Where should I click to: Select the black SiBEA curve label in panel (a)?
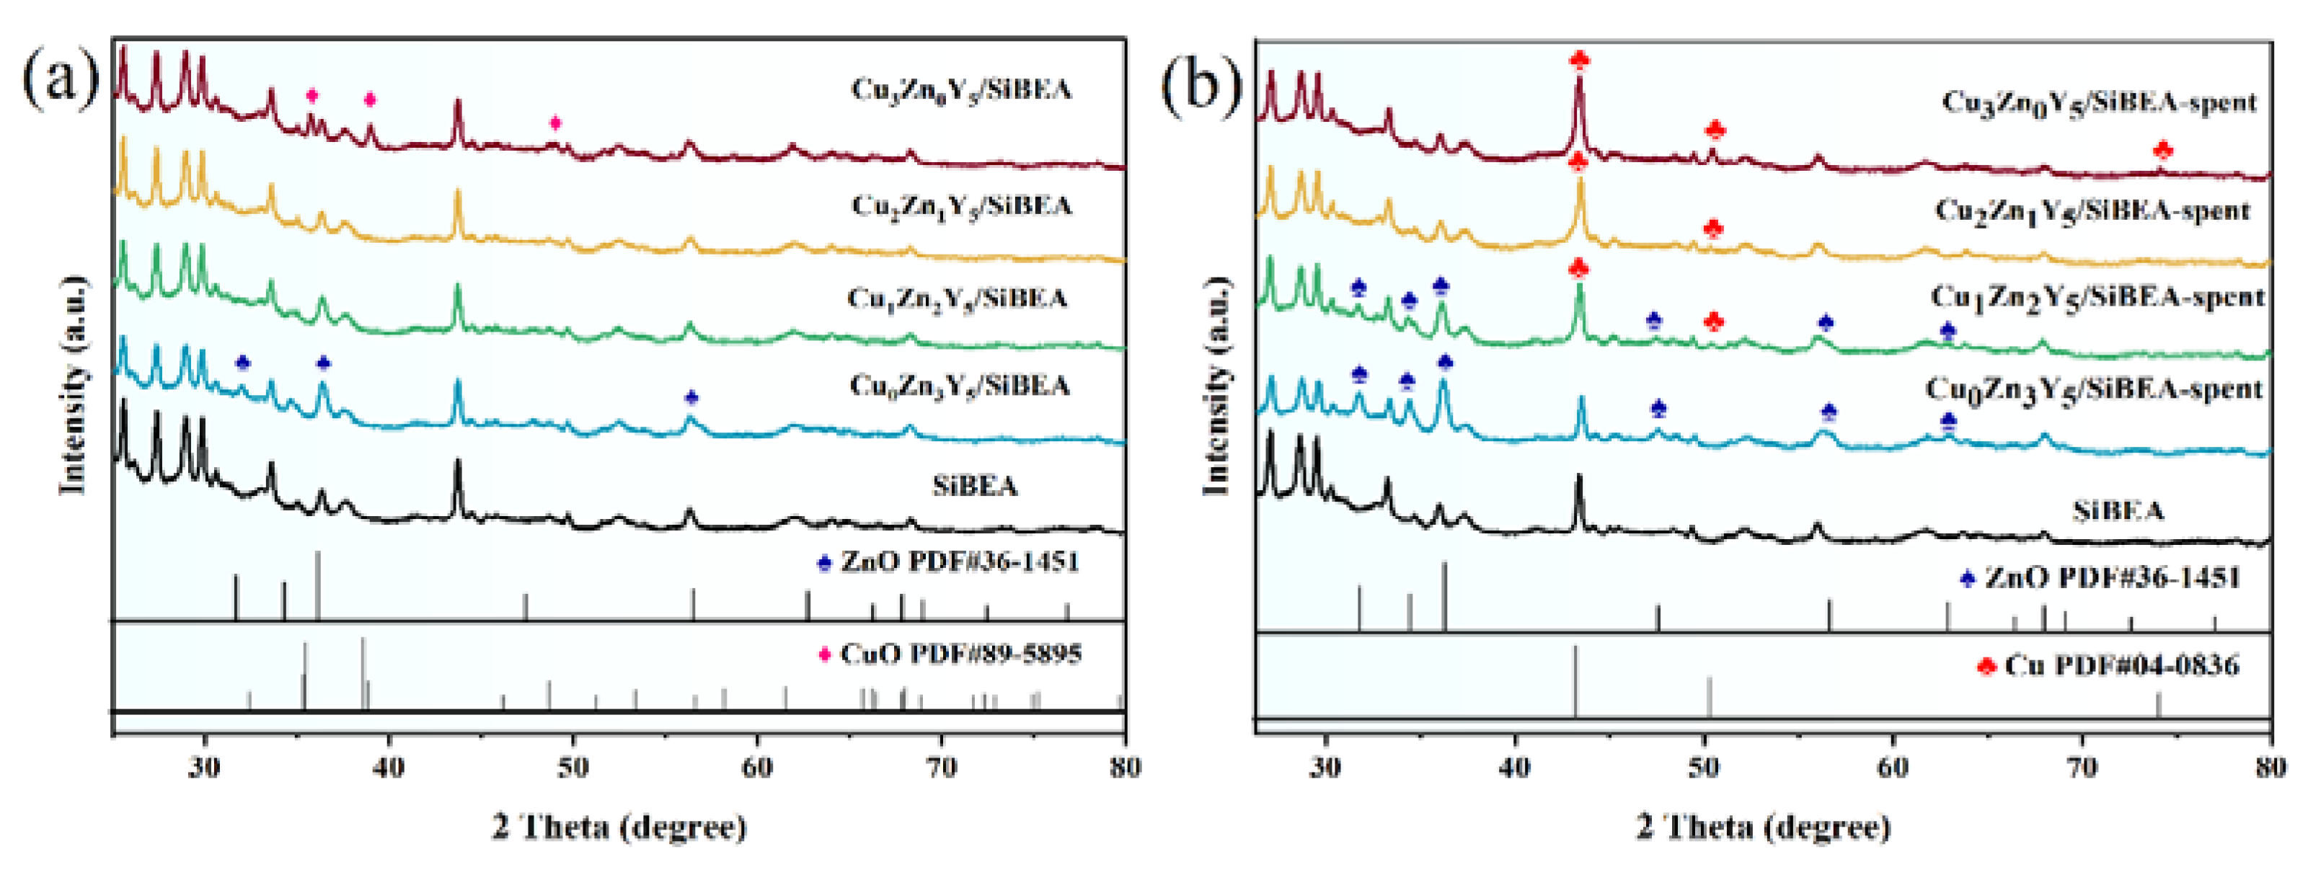click(975, 487)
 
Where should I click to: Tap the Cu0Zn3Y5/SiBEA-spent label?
click(2094, 390)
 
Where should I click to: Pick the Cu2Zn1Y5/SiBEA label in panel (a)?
click(960, 206)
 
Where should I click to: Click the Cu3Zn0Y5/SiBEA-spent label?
click(2098, 102)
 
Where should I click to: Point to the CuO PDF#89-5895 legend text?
click(960, 654)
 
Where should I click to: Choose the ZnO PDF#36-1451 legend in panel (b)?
click(2112, 577)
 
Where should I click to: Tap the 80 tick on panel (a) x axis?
click(1124, 768)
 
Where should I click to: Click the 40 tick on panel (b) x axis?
click(1514, 768)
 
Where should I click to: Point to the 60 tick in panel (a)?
click(757, 768)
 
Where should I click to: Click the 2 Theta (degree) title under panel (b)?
click(1763, 826)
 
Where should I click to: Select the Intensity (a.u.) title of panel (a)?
click(74, 386)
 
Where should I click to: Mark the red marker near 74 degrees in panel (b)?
click(2162, 150)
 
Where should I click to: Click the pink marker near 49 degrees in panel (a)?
click(555, 123)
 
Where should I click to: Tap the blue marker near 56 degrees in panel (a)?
click(691, 397)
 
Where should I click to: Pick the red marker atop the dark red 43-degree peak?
click(1580, 60)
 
